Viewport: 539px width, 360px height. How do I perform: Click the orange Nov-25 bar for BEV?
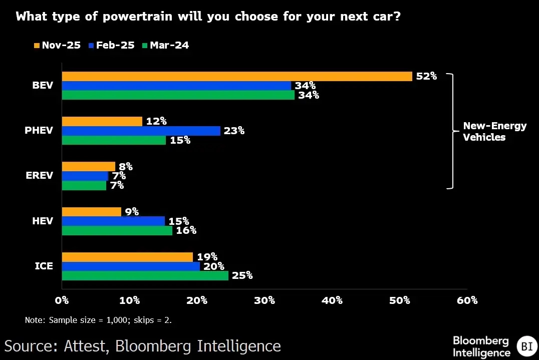236,77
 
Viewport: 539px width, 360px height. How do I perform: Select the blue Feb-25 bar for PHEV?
141,131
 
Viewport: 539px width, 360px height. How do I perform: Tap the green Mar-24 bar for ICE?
145,276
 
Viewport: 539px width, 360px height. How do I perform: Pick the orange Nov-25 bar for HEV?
91,212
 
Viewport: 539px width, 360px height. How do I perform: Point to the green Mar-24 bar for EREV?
84,186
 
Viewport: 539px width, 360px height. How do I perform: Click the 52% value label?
426,77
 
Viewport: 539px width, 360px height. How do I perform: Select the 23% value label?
234,131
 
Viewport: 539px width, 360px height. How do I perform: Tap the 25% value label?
242,276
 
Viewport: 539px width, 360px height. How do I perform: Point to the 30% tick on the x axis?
264,301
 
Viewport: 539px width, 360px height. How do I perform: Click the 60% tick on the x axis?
467,301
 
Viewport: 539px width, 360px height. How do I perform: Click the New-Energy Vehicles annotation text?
494,132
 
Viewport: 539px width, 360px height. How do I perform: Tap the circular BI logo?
526,346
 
